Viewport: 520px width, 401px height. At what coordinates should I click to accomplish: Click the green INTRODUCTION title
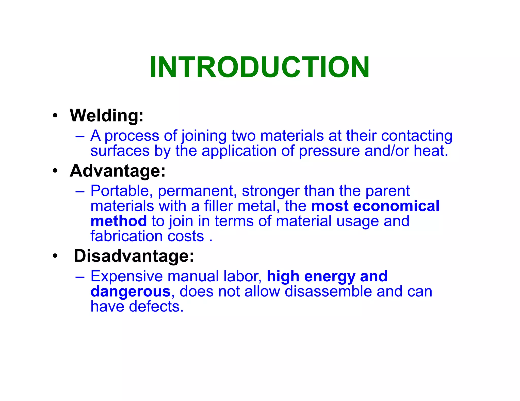point(259,67)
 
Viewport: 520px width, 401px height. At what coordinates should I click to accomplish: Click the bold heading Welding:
point(107,116)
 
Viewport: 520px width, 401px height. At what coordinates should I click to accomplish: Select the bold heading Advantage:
point(118,171)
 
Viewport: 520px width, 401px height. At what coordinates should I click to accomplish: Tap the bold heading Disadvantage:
point(134,256)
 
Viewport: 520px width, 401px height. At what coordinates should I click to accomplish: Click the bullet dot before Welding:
point(55,116)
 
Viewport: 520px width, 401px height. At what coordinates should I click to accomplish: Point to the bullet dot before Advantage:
point(55,171)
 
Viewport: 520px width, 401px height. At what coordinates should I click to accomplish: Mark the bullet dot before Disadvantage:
point(55,256)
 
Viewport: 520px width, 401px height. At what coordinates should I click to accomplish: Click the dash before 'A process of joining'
point(80,136)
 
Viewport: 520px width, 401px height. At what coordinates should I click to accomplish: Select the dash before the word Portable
point(80,191)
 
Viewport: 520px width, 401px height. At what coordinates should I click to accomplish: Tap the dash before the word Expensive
point(80,277)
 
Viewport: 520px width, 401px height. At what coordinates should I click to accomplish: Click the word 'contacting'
point(417,136)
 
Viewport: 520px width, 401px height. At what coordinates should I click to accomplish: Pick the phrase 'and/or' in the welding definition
point(386,151)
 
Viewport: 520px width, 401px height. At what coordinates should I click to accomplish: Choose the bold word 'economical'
point(396,206)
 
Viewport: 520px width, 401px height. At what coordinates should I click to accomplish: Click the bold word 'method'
point(119,221)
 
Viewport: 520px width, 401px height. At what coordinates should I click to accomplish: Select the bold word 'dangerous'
point(131,292)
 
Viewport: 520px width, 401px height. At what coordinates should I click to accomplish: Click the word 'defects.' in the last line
point(156,306)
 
